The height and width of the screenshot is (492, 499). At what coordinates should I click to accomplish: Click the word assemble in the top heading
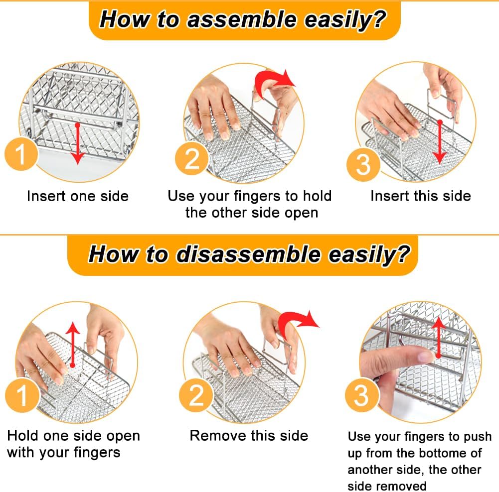[242, 20]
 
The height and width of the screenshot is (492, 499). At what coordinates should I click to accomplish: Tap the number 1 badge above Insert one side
[21, 154]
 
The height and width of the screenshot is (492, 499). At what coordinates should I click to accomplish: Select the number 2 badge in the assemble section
[192, 158]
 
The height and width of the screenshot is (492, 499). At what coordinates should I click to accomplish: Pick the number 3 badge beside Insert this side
[363, 164]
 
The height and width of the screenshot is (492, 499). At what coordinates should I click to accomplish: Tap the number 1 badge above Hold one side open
[22, 395]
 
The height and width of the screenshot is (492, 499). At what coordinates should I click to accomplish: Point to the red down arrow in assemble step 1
[77, 144]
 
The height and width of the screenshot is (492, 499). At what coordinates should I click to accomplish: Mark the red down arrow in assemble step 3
[440, 142]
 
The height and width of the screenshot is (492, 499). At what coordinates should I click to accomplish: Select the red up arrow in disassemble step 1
[73, 345]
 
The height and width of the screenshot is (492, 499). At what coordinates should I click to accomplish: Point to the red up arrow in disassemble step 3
[439, 337]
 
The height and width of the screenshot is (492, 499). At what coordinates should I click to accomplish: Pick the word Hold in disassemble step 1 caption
[23, 436]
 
